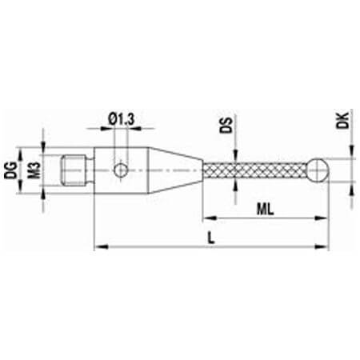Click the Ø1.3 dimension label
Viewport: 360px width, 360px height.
122,119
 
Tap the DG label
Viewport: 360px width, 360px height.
11,170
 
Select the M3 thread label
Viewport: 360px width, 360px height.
35,170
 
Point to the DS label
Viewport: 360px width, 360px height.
226,125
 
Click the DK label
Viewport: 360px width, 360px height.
342,121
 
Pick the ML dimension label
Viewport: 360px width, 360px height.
265,210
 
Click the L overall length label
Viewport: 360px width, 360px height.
211,238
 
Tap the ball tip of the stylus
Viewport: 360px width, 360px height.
319,170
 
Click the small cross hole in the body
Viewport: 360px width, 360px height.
121,170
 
